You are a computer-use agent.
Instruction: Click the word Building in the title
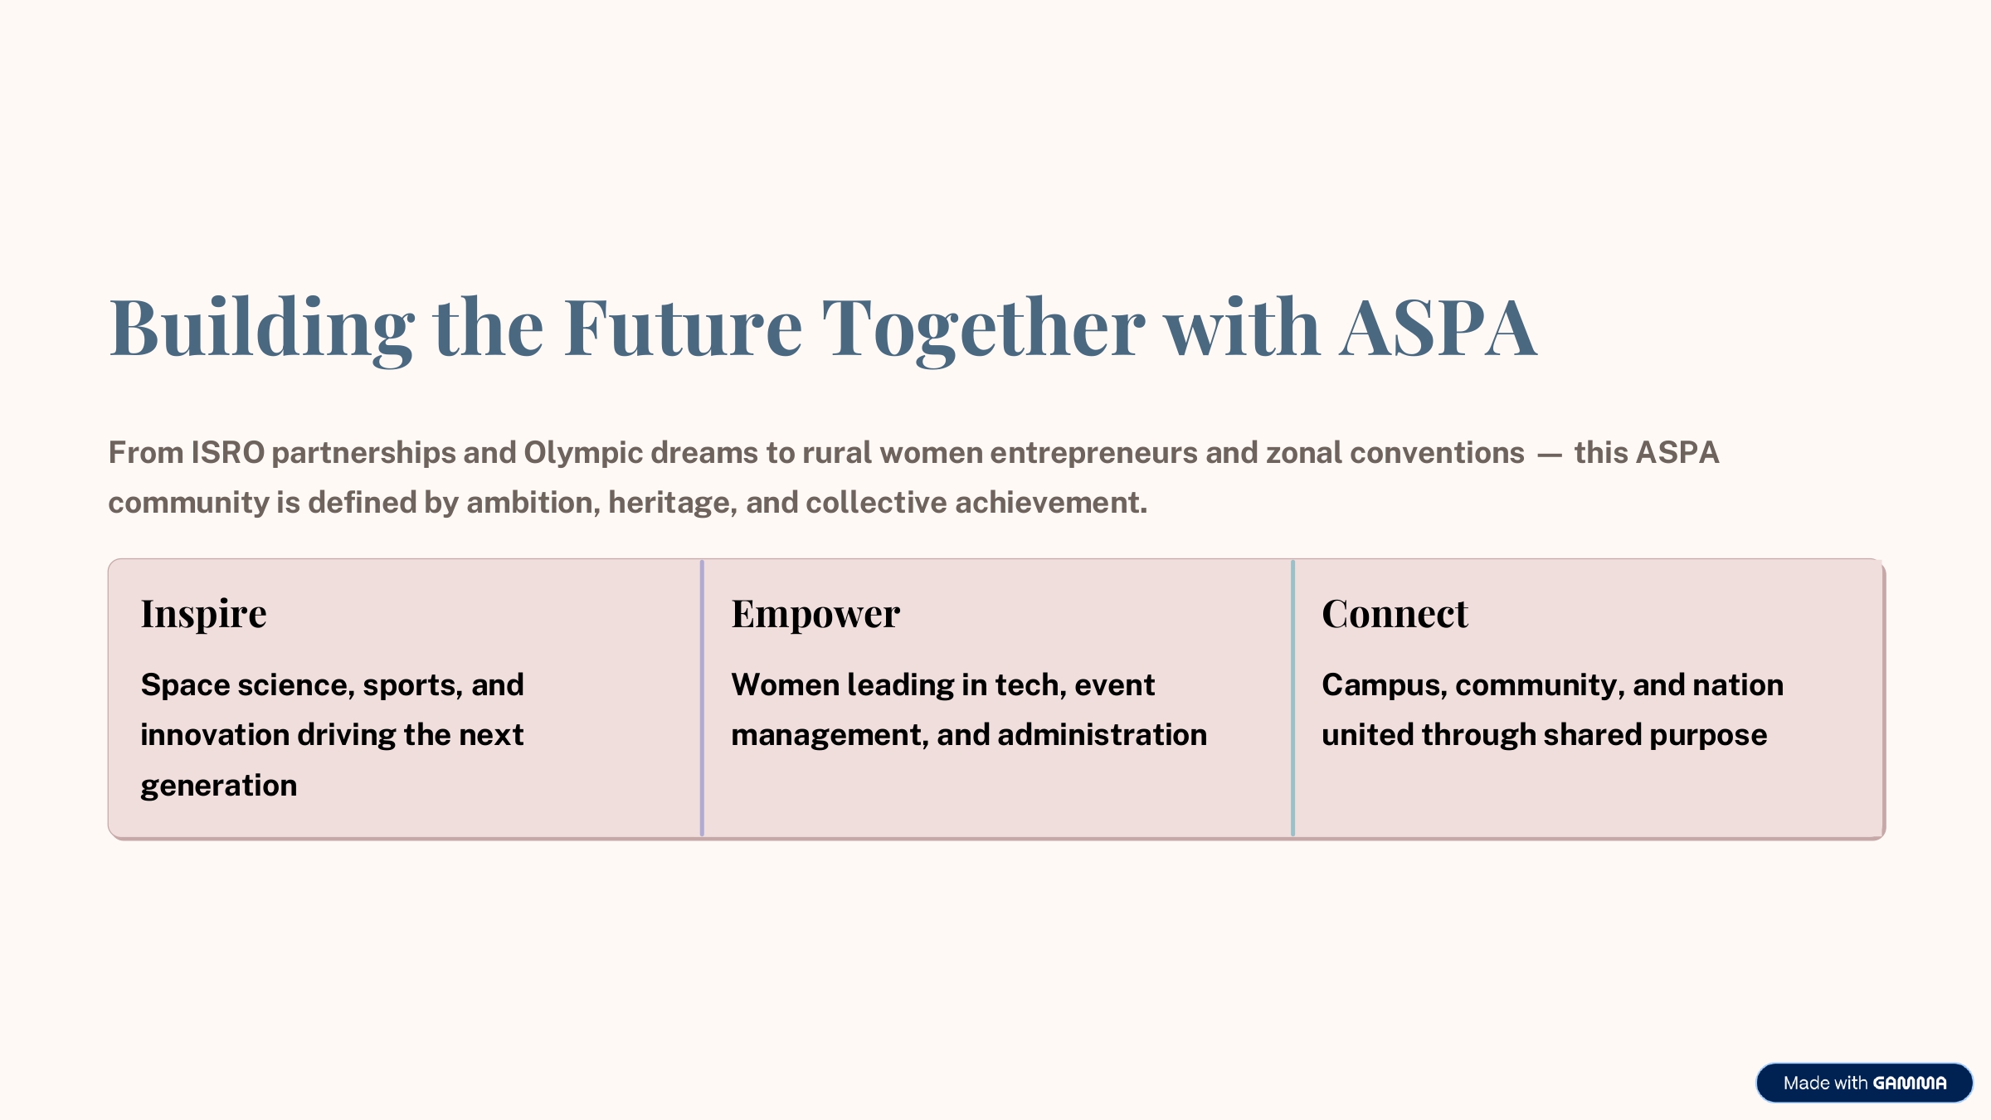(261, 329)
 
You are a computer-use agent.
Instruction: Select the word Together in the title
(984, 329)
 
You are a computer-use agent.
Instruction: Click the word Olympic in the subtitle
(583, 454)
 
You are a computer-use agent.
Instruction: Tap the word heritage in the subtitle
(672, 504)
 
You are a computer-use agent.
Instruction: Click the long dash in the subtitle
(1549, 455)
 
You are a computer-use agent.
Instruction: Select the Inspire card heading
(203, 615)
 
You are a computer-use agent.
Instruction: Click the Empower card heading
(815, 615)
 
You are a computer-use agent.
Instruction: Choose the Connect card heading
(1395, 614)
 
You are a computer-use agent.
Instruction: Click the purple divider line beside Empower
(702, 698)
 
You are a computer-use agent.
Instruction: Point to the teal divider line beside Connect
(1292, 698)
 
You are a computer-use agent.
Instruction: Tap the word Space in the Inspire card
(185, 686)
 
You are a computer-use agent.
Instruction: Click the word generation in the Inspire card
(218, 786)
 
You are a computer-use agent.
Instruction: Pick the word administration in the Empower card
(1102, 735)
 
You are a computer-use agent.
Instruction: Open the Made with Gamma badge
(1864, 1083)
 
